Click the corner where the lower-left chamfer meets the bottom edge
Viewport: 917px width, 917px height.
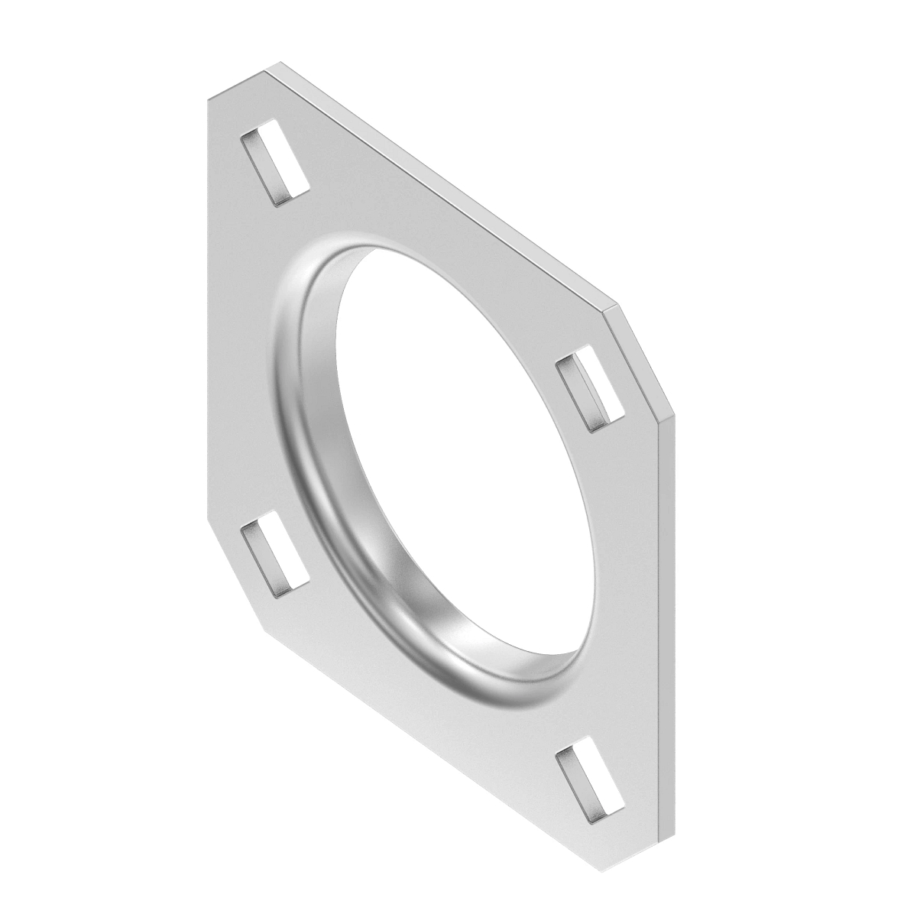265,628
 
